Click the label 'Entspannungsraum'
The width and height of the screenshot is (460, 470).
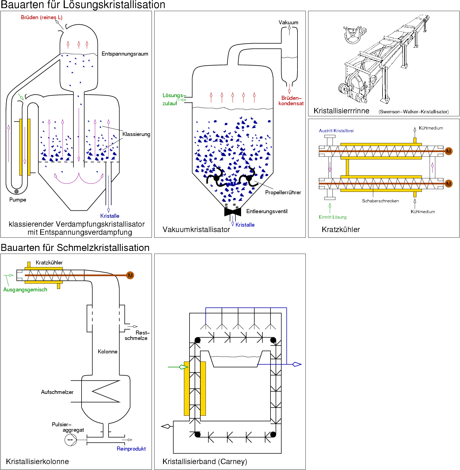[x=125, y=54]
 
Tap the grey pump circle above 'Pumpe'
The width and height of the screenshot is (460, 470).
[x=16, y=192]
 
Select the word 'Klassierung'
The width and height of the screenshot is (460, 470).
[x=136, y=134]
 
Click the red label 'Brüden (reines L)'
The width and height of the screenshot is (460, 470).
[x=42, y=17]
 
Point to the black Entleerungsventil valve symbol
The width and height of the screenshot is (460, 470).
[x=232, y=212]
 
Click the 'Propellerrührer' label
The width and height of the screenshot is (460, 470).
[x=283, y=192]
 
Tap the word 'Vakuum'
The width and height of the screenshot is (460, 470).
[x=288, y=22]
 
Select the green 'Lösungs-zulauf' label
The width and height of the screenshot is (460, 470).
[x=173, y=99]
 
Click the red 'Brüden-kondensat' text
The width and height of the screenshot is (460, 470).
[x=291, y=101]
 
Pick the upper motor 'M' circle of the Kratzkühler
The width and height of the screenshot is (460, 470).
[x=449, y=151]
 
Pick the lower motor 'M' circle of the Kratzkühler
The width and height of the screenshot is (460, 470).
[x=449, y=184]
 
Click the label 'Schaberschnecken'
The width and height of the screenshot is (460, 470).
[x=380, y=201]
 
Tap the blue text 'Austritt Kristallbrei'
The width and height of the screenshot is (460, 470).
[x=336, y=131]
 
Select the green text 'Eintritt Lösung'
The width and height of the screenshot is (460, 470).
[x=333, y=217]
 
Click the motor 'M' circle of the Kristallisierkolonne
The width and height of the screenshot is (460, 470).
[x=130, y=275]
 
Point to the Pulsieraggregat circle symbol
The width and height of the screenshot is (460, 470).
[x=70, y=440]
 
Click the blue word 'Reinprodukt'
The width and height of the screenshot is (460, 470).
[x=131, y=449]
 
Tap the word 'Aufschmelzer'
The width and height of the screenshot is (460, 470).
[x=57, y=392]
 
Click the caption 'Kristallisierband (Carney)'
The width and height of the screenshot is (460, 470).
[x=205, y=462]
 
